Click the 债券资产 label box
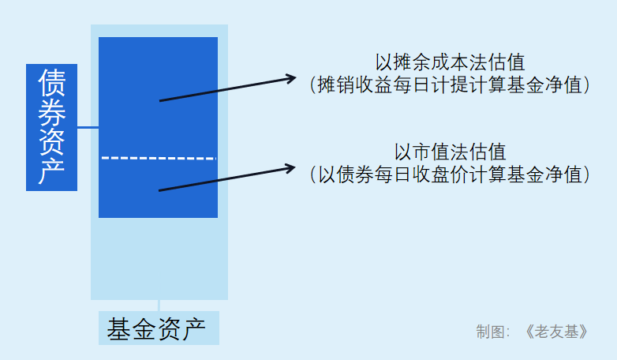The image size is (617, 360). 51,127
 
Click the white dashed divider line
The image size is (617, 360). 158,158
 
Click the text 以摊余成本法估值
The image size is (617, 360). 450,62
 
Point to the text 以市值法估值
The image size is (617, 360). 450,152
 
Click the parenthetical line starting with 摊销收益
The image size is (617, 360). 450,85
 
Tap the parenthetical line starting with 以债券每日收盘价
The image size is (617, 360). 450,174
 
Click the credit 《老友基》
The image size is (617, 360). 556,332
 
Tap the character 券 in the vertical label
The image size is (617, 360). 51,112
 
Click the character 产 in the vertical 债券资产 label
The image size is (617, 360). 51,172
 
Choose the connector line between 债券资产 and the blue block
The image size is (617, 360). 88,126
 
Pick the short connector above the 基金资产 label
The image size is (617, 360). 159,306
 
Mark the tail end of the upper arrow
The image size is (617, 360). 161,101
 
